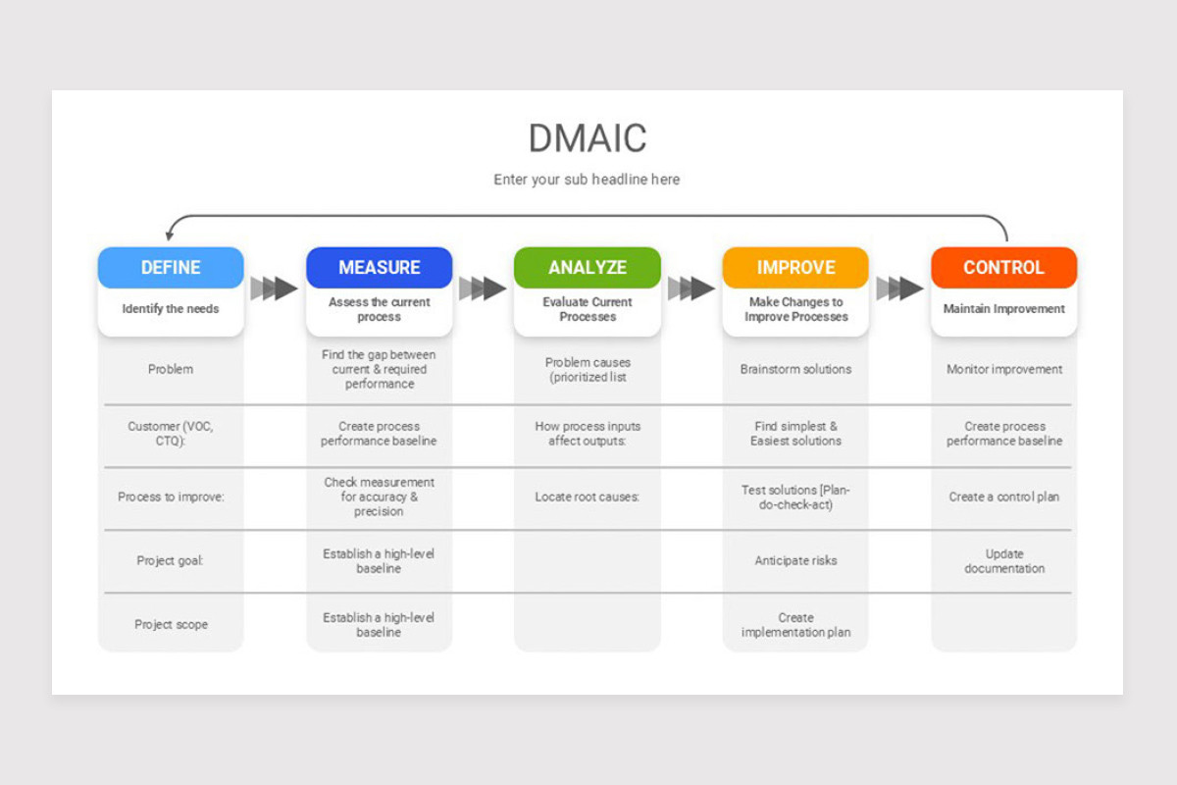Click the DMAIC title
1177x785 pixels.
[x=588, y=138]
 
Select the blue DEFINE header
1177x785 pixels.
[x=171, y=268]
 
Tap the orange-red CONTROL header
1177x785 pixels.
[x=1003, y=268]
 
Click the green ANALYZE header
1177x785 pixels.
[x=588, y=268]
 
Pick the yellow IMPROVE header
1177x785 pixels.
[x=795, y=268]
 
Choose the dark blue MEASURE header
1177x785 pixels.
[x=379, y=268]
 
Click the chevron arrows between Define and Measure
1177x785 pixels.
[x=275, y=288]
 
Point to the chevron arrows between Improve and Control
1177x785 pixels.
[x=899, y=288]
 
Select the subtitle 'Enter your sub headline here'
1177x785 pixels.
[x=587, y=180]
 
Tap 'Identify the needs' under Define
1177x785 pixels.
[x=171, y=309]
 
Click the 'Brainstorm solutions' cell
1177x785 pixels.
[x=795, y=370]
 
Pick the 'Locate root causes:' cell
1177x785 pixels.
[x=588, y=497]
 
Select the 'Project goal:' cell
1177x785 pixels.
[x=171, y=561]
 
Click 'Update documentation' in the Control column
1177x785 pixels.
[x=1003, y=561]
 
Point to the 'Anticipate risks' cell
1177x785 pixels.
[x=795, y=561]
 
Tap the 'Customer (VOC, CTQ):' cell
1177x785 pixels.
[x=171, y=434]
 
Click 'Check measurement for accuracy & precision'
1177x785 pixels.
[x=379, y=497]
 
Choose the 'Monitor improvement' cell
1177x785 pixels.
[x=1003, y=370]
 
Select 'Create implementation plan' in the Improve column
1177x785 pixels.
[x=795, y=625]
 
